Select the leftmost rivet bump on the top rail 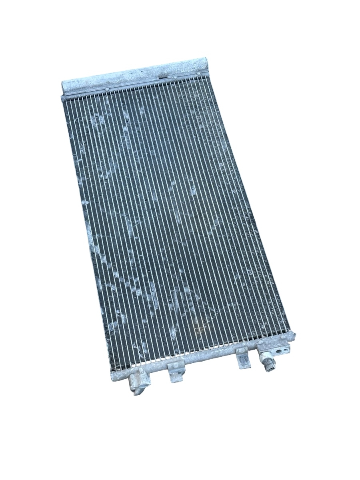[107, 88]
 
